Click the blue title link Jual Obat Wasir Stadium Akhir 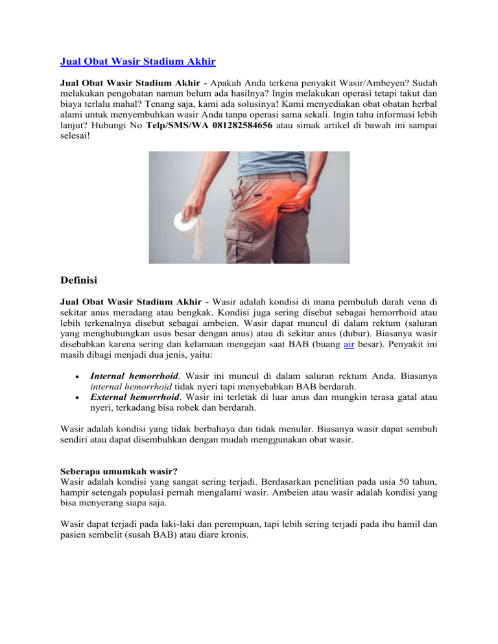click(x=137, y=62)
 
